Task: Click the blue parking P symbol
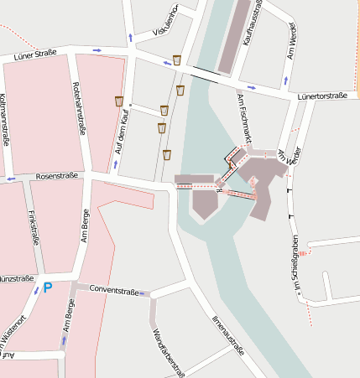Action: [47, 287]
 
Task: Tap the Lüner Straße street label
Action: [35, 54]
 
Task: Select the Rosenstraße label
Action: [57, 176]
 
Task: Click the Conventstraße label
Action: [113, 290]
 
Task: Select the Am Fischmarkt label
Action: [245, 117]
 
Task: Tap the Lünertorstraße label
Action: [321, 96]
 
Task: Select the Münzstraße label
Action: [16, 278]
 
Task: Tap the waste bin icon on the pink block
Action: [119, 101]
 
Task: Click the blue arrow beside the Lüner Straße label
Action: [97, 50]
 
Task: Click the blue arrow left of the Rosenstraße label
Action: [11, 179]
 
